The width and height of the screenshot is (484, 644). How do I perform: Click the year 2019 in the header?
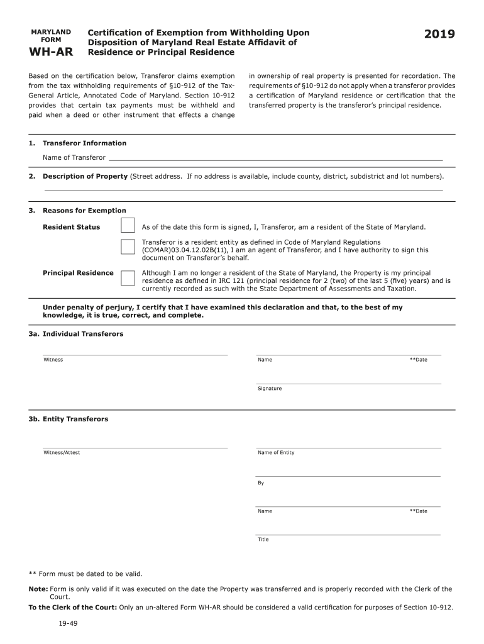tap(439, 35)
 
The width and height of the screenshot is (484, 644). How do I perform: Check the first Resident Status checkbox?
tap(128, 226)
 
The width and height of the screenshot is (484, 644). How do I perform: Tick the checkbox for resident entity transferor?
tap(128, 247)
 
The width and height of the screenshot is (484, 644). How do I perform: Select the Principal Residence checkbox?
tap(128, 278)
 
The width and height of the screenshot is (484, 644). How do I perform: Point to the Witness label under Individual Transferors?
tap(53, 360)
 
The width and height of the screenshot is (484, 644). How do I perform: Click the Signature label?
tap(270, 389)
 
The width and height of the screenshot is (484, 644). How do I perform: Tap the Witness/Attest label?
tap(62, 453)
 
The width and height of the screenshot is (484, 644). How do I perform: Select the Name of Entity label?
tap(276, 453)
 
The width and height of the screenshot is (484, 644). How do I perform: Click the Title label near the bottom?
tap(263, 540)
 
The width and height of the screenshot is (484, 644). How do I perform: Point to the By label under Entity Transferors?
tap(261, 483)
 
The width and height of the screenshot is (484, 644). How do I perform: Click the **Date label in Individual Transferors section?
tap(418, 360)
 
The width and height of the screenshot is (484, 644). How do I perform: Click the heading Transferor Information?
tap(84, 143)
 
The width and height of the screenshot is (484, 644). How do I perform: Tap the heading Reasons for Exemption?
tap(84, 211)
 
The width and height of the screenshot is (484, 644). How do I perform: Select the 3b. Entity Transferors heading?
tap(68, 419)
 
